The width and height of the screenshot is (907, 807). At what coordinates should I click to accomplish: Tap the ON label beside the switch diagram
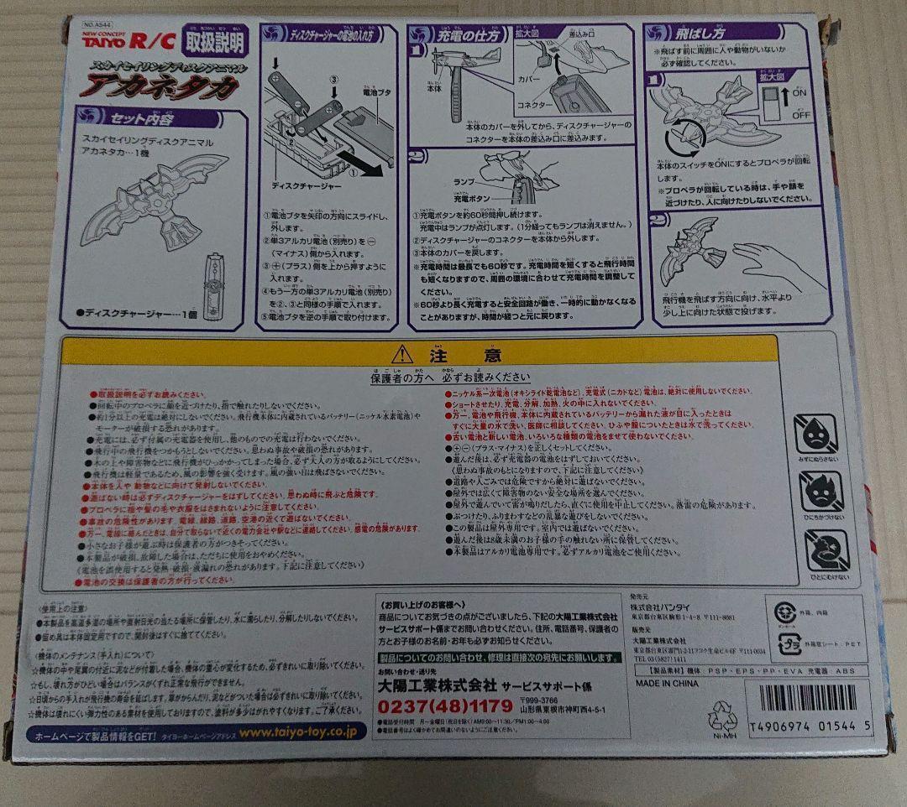click(x=798, y=91)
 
